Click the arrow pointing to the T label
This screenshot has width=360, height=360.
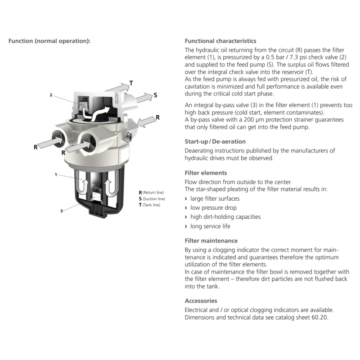[118, 86]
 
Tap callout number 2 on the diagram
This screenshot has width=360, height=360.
[51, 95]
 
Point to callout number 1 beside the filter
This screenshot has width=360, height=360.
[56, 174]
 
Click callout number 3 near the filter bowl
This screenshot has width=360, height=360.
[61, 211]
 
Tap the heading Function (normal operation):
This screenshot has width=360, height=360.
[49, 41]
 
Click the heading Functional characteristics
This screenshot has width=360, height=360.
[220, 41]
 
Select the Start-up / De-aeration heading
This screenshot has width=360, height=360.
[215, 141]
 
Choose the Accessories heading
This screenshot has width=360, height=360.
[201, 301]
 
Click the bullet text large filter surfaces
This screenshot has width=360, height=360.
[215, 198]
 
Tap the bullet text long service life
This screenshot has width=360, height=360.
[210, 226]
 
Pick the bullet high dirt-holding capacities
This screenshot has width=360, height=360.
[225, 217]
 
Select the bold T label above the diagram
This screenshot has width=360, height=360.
[131, 83]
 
